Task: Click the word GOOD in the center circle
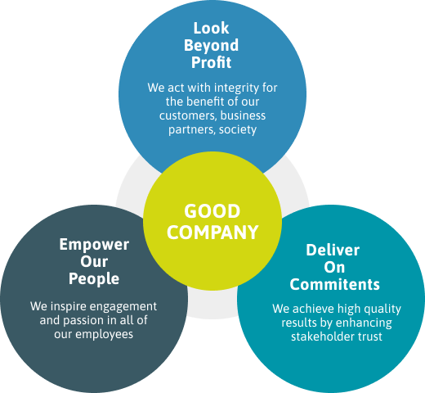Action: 212,211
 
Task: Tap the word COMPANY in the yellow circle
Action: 212,233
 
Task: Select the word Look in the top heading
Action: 211,28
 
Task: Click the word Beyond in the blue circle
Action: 211,46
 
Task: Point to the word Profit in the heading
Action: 211,62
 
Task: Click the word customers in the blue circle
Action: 188,115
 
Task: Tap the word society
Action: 238,129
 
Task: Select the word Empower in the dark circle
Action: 94,245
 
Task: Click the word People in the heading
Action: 94,279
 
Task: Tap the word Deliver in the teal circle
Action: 333,250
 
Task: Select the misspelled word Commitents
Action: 334,285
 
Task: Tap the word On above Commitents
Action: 334,267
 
